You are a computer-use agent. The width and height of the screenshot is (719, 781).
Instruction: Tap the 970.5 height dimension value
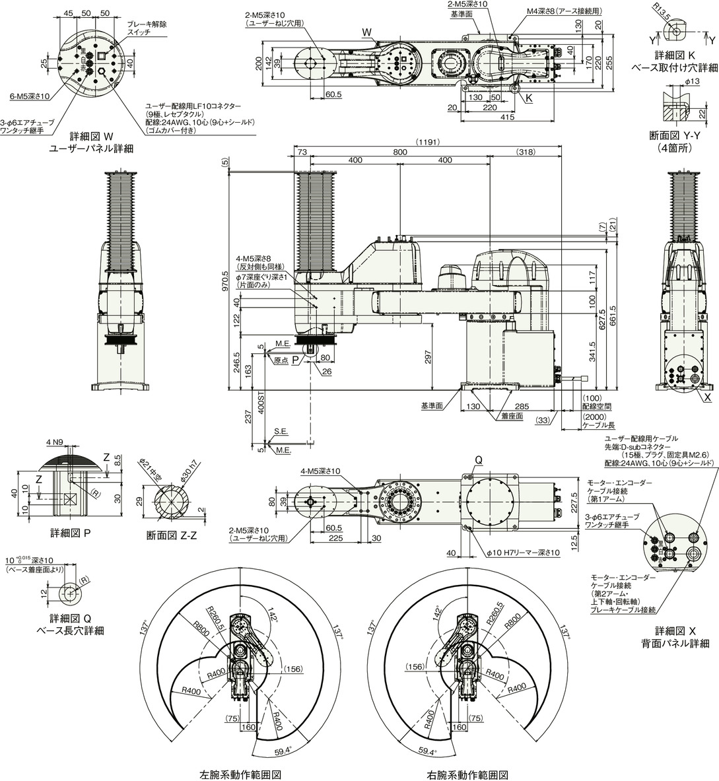point(226,281)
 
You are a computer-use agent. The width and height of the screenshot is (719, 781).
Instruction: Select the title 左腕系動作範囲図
point(240,774)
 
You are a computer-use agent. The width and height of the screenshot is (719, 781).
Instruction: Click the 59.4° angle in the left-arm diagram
point(283,751)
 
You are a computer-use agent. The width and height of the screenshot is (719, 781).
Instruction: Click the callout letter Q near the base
point(479,461)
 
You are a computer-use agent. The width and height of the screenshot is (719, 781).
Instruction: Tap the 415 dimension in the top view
point(507,117)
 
